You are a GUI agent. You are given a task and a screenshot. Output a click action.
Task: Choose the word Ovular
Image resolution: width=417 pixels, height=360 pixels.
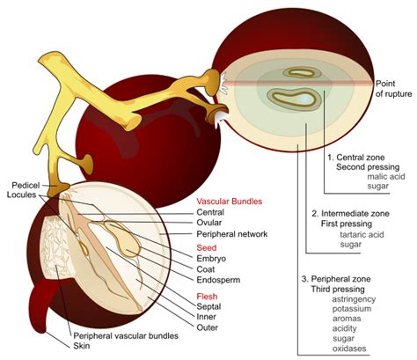pyautogui.click(x=216, y=223)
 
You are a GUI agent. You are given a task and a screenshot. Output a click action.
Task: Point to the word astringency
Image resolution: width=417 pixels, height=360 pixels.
pyautogui.click(x=354, y=299)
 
